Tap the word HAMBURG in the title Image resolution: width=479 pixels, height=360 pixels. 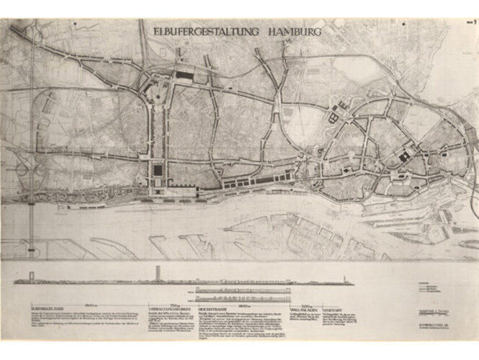pos(295,31)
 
